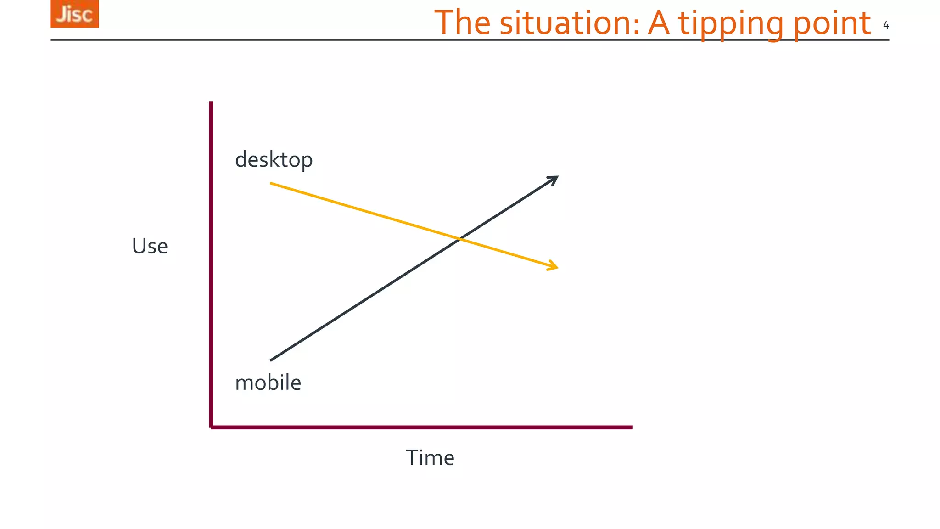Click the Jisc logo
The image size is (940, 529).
(74, 14)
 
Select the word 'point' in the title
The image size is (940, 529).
(831, 24)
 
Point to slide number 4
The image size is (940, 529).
(886, 26)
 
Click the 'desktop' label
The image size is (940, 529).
(274, 160)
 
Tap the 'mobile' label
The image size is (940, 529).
(268, 383)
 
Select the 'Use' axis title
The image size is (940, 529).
(150, 246)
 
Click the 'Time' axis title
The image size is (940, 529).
(430, 458)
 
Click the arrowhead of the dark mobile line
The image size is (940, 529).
(555, 178)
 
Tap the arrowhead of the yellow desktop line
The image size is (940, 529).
(554, 266)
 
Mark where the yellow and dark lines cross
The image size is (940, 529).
(459, 238)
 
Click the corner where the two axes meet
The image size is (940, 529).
(211, 427)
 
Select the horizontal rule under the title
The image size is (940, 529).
(321, 40)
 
